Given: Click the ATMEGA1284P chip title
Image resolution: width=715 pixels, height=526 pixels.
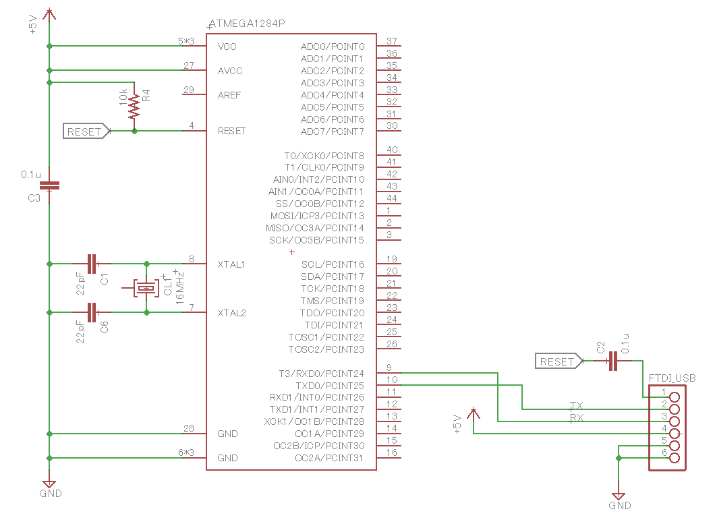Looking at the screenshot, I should (247, 24).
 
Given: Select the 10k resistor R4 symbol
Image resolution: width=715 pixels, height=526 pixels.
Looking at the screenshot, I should (135, 107).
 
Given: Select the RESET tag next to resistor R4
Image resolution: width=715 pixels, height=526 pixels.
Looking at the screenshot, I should (86, 131).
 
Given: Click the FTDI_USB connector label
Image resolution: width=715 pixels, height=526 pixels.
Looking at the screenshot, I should (672, 378).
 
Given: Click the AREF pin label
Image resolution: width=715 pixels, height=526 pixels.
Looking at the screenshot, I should (229, 95).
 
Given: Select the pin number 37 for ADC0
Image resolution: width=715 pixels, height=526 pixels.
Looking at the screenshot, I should (391, 41).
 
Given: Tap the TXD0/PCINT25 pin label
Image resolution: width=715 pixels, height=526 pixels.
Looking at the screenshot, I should (330, 385).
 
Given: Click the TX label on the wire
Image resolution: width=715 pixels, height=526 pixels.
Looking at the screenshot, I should (577, 405).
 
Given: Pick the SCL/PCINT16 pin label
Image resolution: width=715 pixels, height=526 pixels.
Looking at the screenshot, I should (333, 264).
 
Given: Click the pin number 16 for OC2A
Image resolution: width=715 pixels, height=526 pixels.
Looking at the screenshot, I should (391, 453).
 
